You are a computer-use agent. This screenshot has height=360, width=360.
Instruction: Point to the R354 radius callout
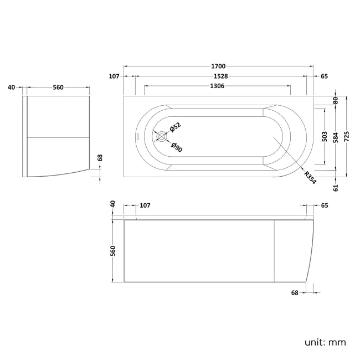310,177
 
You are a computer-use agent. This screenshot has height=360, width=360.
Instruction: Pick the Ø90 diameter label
176,146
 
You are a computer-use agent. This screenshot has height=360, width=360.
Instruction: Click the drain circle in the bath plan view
161,136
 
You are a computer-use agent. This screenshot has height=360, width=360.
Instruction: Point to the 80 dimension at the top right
336,100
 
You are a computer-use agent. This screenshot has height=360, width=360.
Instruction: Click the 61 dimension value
336,188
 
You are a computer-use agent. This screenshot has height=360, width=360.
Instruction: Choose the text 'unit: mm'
325,342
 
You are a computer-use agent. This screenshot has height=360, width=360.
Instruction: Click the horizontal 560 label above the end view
58,87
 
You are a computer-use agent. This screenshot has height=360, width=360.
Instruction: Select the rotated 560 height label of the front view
113,250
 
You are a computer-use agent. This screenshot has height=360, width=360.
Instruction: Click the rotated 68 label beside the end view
100,158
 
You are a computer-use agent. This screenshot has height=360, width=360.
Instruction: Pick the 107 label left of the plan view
115,76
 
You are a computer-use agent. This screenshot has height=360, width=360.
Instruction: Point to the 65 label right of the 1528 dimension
324,76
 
